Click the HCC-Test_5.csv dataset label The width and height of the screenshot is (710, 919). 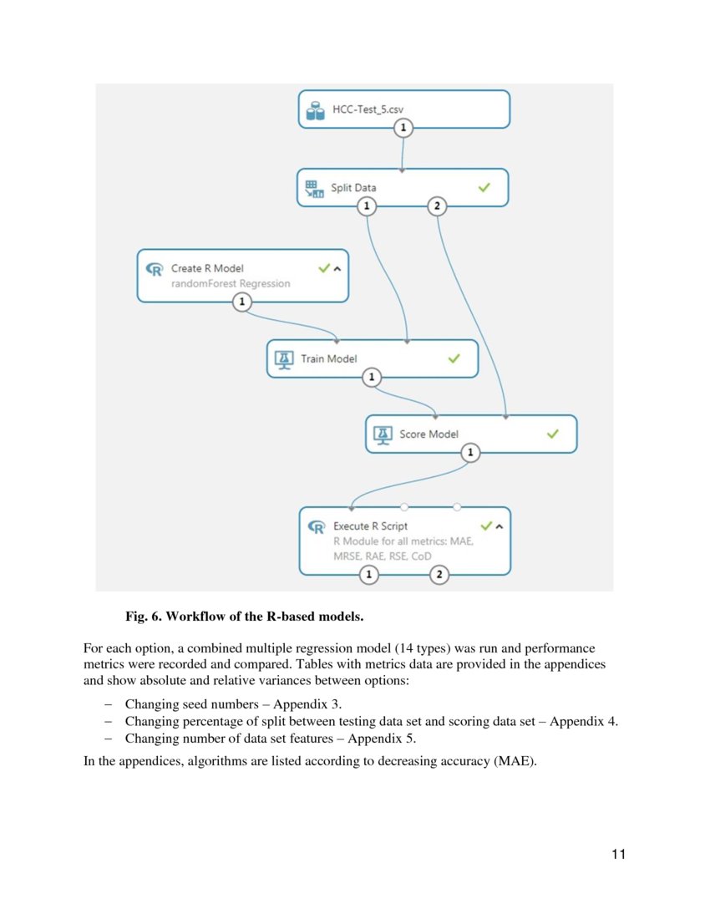click(368, 109)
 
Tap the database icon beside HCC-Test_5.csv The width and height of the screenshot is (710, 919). click(315, 110)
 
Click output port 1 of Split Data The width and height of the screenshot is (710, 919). click(366, 206)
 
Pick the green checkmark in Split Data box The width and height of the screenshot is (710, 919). click(484, 188)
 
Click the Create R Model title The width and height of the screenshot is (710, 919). click(207, 268)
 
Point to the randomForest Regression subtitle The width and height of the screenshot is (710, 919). click(231, 283)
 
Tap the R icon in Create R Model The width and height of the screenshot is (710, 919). click(155, 269)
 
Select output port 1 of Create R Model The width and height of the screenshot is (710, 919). click(241, 302)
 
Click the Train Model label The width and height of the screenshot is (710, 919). click(329, 358)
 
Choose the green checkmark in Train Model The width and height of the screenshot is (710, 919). click(454, 358)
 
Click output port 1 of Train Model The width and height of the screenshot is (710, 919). click(372, 378)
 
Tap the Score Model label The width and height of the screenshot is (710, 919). click(429, 434)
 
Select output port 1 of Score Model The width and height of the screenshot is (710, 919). click(471, 453)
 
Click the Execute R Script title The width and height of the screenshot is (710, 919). click(370, 526)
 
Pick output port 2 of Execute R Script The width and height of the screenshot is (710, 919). click(439, 575)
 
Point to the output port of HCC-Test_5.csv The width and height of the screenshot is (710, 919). click(403, 128)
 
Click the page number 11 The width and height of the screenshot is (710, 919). click(618, 854)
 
